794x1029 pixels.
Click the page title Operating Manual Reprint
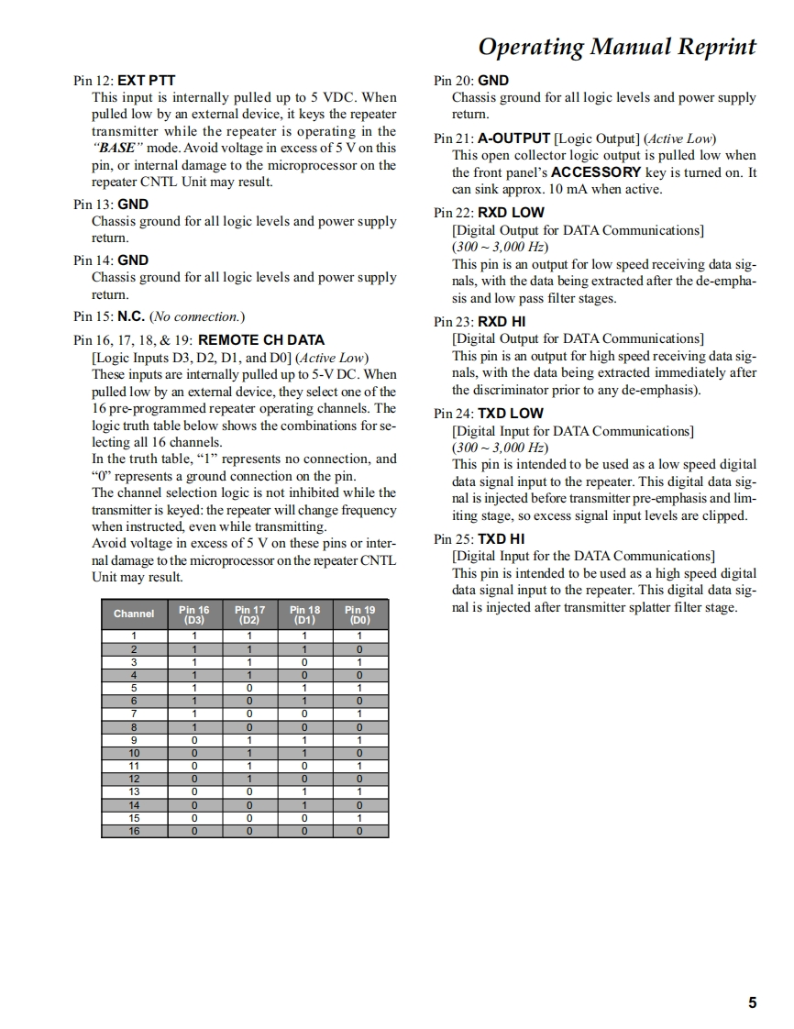pyautogui.click(x=617, y=47)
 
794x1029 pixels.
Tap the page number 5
pyautogui.click(x=752, y=1002)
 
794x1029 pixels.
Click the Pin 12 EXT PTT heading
pyautogui.click(x=124, y=81)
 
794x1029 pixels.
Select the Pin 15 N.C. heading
pyautogui.click(x=159, y=316)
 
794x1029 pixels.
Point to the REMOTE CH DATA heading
pyautogui.click(x=261, y=339)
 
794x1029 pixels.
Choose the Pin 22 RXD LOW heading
pyautogui.click(x=489, y=213)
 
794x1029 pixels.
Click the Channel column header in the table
pyautogui.click(x=134, y=614)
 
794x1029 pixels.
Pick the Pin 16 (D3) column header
pyautogui.click(x=194, y=614)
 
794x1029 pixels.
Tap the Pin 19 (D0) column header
pyautogui.click(x=359, y=614)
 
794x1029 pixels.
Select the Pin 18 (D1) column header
pyautogui.click(x=304, y=614)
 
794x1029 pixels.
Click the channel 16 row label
pyautogui.click(x=134, y=831)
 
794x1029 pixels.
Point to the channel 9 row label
pyautogui.click(x=134, y=739)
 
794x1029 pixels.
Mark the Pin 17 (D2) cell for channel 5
pyautogui.click(x=249, y=687)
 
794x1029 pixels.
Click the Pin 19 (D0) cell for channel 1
pyautogui.click(x=359, y=636)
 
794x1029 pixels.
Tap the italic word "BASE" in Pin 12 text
pyautogui.click(x=116, y=148)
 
